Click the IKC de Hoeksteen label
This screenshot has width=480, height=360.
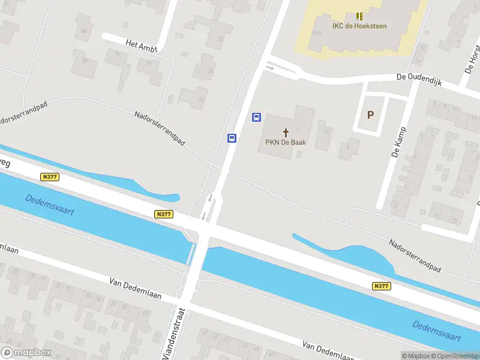tap(359, 26)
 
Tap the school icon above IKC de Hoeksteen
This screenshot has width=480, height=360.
tap(359, 16)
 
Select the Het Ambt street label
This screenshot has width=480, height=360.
tap(141, 46)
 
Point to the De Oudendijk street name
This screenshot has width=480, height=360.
tap(419, 80)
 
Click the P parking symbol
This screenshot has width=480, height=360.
tap(370, 115)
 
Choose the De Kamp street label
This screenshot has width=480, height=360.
tap(398, 142)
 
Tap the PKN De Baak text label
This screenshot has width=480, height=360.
tap(286, 143)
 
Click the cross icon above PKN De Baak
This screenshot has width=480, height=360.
tap(286, 132)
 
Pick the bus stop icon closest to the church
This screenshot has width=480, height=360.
tap(256, 117)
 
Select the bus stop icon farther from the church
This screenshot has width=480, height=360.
tap(232, 138)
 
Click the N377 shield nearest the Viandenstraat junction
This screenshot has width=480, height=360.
tap(163, 214)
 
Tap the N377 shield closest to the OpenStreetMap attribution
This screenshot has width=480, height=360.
tap(381, 286)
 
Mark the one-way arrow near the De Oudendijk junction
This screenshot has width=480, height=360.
tap(270, 68)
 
